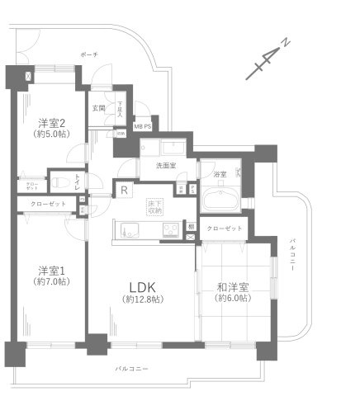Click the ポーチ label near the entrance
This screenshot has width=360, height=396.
tap(89, 54)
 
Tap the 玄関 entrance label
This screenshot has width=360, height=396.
tap(98, 108)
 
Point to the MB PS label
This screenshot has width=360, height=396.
tap(142, 126)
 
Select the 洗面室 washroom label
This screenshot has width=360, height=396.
tap(165, 166)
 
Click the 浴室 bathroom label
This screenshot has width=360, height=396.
tap(220, 175)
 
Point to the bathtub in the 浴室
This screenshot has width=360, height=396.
tap(220, 200)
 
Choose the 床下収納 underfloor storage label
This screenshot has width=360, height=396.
tap(154, 206)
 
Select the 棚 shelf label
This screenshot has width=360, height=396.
tap(190, 225)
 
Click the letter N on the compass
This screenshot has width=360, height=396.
tap(284, 42)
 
